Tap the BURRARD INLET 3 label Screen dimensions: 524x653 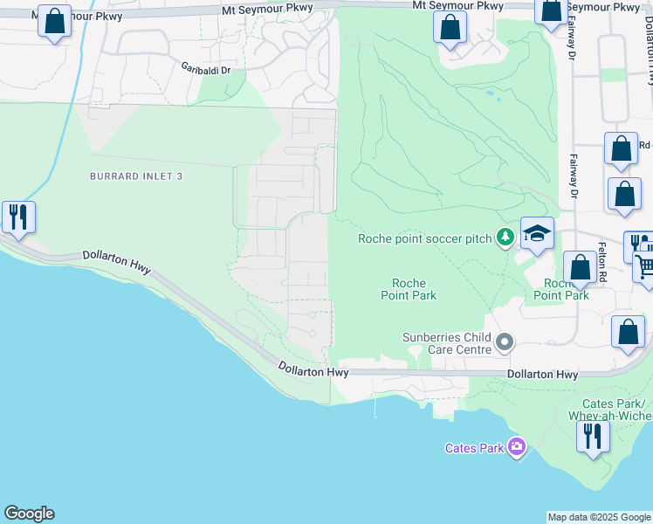136,176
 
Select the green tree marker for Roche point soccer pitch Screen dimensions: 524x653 505,237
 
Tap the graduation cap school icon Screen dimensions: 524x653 538,234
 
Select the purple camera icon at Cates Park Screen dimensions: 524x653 517,447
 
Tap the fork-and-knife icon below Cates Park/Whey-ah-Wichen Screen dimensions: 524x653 594,434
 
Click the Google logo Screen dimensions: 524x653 29,514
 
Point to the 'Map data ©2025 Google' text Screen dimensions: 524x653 598,517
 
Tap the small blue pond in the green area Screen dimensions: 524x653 490,93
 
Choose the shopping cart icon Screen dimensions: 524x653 646,265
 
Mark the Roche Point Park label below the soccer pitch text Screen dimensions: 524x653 409,289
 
